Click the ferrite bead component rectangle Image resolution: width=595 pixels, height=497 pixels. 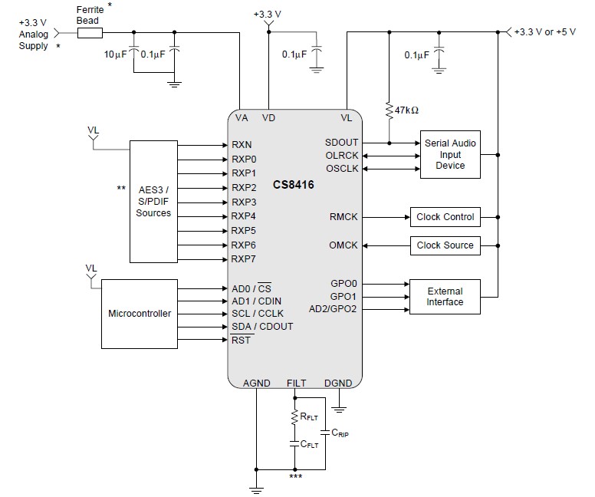pyautogui.click(x=90, y=33)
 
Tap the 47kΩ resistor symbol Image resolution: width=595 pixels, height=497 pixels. pyautogui.click(x=389, y=110)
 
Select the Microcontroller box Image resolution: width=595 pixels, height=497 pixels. pyautogui.click(x=140, y=314)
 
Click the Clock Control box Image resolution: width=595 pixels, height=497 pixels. pyautogui.click(x=445, y=217)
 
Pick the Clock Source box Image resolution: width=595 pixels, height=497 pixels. pyautogui.click(x=445, y=245)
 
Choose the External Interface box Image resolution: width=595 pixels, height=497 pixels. pyautogui.click(x=445, y=297)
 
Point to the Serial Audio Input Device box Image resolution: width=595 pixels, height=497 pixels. pyautogui.click(x=450, y=154)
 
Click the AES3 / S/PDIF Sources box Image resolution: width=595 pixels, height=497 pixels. pyautogui.click(x=153, y=202)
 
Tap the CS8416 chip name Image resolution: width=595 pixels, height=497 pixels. pyautogui.click(x=294, y=185)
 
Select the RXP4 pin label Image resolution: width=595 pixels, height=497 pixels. pyautogui.click(x=243, y=216)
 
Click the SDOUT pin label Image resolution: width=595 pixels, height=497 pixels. pyautogui.click(x=341, y=143)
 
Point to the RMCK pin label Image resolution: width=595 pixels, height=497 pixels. pyautogui.click(x=344, y=217)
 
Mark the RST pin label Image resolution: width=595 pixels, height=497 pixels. pyautogui.click(x=241, y=340)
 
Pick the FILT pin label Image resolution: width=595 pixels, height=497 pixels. pyautogui.click(x=297, y=383)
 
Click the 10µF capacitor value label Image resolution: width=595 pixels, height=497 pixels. pyautogui.click(x=115, y=54)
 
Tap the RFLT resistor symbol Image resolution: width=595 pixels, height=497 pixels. pyautogui.click(x=294, y=417)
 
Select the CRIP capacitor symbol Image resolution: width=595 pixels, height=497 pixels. pyautogui.click(x=325, y=433)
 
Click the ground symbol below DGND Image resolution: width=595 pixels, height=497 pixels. pyautogui.click(x=338, y=410)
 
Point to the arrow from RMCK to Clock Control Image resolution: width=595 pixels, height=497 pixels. pyautogui.click(x=386, y=217)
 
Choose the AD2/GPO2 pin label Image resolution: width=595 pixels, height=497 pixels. pyautogui.click(x=333, y=309)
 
